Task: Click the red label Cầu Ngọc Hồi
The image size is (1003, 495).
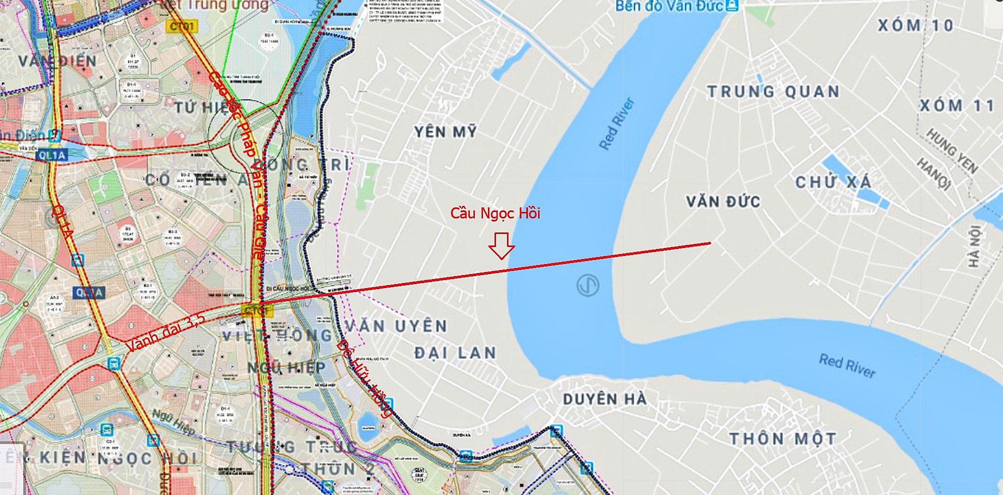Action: click(495, 213)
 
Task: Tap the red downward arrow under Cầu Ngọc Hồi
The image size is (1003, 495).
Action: click(501, 245)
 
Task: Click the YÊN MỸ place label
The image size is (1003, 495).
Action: click(446, 132)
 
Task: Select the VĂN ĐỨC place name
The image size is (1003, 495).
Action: click(722, 202)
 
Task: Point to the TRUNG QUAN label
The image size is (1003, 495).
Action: click(773, 92)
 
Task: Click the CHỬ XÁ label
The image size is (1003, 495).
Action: click(833, 182)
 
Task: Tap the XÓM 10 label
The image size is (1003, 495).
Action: click(915, 25)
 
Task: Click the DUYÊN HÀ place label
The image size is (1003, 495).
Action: click(604, 399)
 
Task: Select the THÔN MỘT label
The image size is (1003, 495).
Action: click(782, 439)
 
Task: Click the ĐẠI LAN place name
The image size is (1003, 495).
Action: click(455, 353)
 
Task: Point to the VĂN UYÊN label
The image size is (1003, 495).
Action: click(396, 326)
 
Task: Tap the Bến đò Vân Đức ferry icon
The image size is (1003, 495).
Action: click(733, 6)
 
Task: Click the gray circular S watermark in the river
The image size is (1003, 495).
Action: click(588, 286)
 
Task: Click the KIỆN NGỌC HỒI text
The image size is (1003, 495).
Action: click(118, 458)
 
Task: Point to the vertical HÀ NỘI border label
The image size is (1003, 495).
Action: click(974, 246)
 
